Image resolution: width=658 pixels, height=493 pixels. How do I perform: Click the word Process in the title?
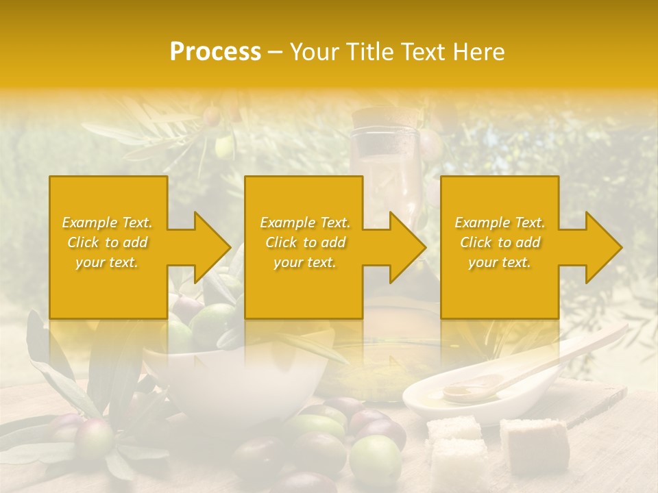pos(215,52)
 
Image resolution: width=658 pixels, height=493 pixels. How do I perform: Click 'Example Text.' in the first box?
pos(107,223)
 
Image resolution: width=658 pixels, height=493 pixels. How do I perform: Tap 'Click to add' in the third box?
pos(500,242)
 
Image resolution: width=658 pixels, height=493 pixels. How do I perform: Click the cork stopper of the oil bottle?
pos(377,121)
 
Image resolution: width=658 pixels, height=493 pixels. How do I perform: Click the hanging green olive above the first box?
pos(224,145)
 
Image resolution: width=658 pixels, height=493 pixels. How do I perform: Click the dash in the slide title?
pos(276,52)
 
